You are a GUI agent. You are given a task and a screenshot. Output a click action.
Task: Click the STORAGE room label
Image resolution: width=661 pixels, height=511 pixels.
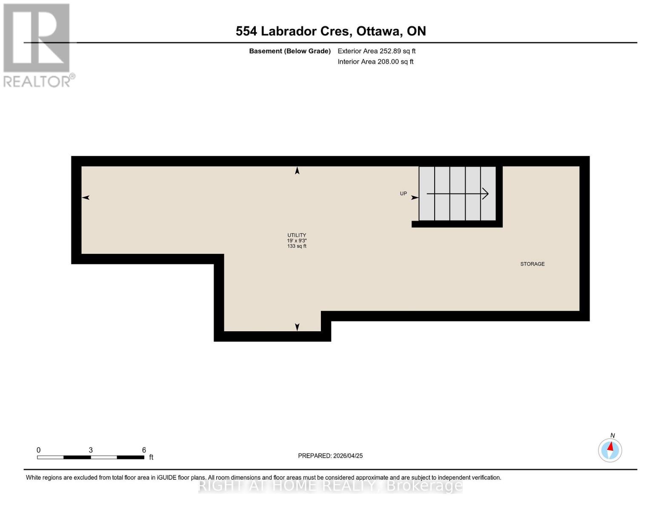click(532, 264)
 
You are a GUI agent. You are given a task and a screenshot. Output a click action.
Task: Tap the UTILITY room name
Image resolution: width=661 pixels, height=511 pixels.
click(297, 235)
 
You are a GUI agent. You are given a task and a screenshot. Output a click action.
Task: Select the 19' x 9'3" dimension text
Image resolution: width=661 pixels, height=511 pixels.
click(297, 241)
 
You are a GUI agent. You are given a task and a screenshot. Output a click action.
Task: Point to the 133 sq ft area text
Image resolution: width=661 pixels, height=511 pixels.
click(297, 246)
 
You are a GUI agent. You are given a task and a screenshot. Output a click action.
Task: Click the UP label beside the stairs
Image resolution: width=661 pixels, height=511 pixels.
click(403, 194)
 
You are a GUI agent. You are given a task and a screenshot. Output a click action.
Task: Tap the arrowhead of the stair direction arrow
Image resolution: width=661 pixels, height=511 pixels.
click(486, 194)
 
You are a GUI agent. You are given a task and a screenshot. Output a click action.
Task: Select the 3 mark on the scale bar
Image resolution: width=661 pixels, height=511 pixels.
click(91, 450)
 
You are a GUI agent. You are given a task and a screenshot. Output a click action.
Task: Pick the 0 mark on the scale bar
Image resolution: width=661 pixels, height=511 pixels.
click(38, 450)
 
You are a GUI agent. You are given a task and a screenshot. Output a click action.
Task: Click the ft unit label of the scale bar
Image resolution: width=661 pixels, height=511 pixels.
click(151, 457)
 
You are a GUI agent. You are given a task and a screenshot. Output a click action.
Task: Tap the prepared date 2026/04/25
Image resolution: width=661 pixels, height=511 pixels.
click(348, 456)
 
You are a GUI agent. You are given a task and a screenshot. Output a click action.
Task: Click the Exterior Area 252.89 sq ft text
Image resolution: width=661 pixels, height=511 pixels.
click(376, 51)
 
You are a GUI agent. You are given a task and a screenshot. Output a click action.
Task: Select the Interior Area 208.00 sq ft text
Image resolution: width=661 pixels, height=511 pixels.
click(375, 62)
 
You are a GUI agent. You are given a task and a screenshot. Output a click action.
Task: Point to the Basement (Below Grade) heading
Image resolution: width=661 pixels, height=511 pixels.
click(290, 51)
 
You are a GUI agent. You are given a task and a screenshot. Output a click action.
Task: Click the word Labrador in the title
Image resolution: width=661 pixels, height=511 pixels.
click(306, 31)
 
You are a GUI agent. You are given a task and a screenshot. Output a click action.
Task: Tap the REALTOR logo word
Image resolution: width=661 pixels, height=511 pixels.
click(37, 81)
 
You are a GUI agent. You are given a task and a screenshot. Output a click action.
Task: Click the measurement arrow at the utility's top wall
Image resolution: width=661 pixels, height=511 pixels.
click(297, 171)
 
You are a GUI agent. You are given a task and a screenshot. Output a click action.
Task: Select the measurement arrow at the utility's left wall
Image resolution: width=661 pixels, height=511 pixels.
click(86, 198)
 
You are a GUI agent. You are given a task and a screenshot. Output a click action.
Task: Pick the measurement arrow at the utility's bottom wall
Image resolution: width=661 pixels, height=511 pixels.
click(297, 327)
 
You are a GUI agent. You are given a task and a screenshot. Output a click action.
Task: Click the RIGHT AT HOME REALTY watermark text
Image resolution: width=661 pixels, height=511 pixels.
click(330, 485)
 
